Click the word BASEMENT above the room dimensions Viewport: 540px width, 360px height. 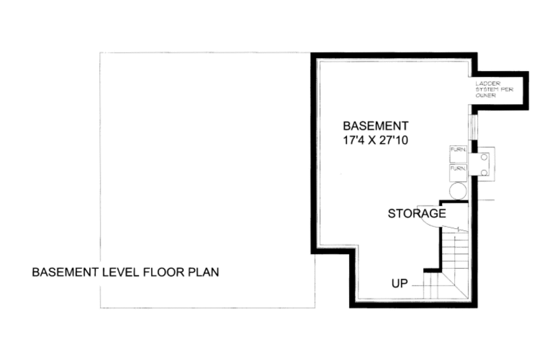375,126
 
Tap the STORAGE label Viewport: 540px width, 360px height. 416,214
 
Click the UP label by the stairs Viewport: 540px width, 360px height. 400,283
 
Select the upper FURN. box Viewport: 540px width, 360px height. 458,151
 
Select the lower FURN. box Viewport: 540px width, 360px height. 458,169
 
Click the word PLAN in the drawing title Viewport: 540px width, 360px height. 205,273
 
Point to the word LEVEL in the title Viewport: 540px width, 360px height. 117,273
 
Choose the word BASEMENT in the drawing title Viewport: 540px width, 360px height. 63,273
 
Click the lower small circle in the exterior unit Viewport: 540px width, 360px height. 484,173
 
